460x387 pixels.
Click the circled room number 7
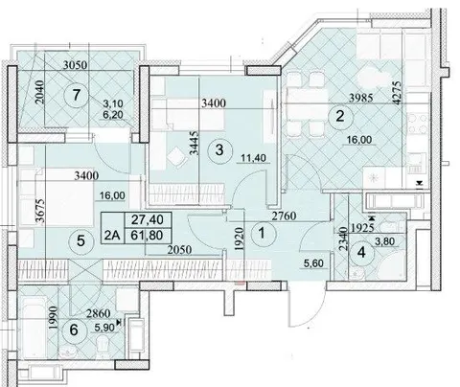(x=76, y=95)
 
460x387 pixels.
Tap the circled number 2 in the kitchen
(x=340, y=117)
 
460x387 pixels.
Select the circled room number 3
(x=219, y=149)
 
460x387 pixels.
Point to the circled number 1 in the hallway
(x=262, y=234)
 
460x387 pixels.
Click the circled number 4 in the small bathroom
(x=361, y=253)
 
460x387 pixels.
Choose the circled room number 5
(x=80, y=240)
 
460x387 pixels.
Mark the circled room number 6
(x=74, y=330)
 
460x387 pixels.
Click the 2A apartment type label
(x=112, y=236)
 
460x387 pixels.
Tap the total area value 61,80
(x=148, y=236)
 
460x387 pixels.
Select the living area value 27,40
(x=148, y=219)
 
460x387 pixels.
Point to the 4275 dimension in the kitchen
(x=397, y=93)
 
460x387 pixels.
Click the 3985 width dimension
(x=360, y=98)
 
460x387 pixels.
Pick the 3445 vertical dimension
(x=194, y=144)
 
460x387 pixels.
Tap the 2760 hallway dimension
(x=284, y=216)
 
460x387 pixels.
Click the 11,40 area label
(x=253, y=158)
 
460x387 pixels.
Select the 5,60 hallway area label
(x=313, y=263)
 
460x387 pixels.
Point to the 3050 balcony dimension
(x=75, y=65)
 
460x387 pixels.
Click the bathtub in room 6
(x=33, y=329)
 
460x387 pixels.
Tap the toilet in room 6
(x=103, y=348)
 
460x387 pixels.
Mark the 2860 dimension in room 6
(x=99, y=314)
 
